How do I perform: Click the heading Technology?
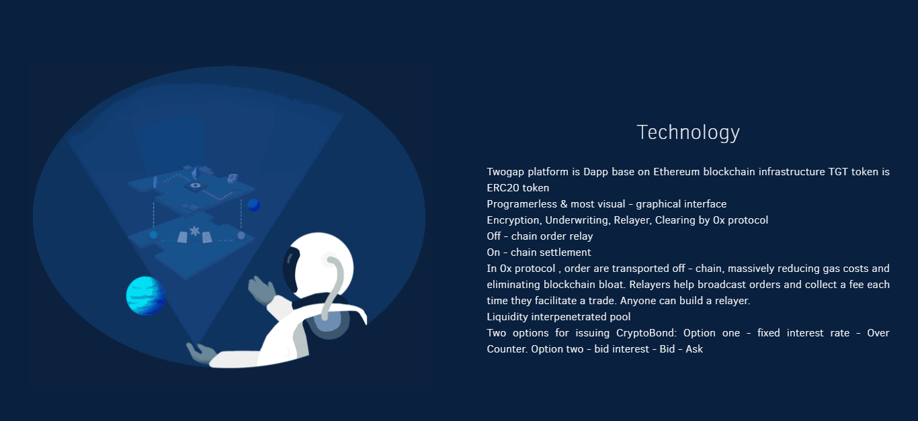(x=688, y=133)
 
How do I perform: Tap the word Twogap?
(x=505, y=172)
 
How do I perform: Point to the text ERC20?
(x=501, y=188)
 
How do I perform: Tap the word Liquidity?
(x=507, y=317)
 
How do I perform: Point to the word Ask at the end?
(x=694, y=349)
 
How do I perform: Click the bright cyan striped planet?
(x=145, y=295)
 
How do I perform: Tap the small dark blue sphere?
(x=253, y=205)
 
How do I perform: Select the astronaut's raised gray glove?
(x=261, y=289)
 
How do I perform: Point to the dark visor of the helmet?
(x=290, y=268)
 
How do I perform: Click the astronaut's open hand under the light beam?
(x=201, y=353)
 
